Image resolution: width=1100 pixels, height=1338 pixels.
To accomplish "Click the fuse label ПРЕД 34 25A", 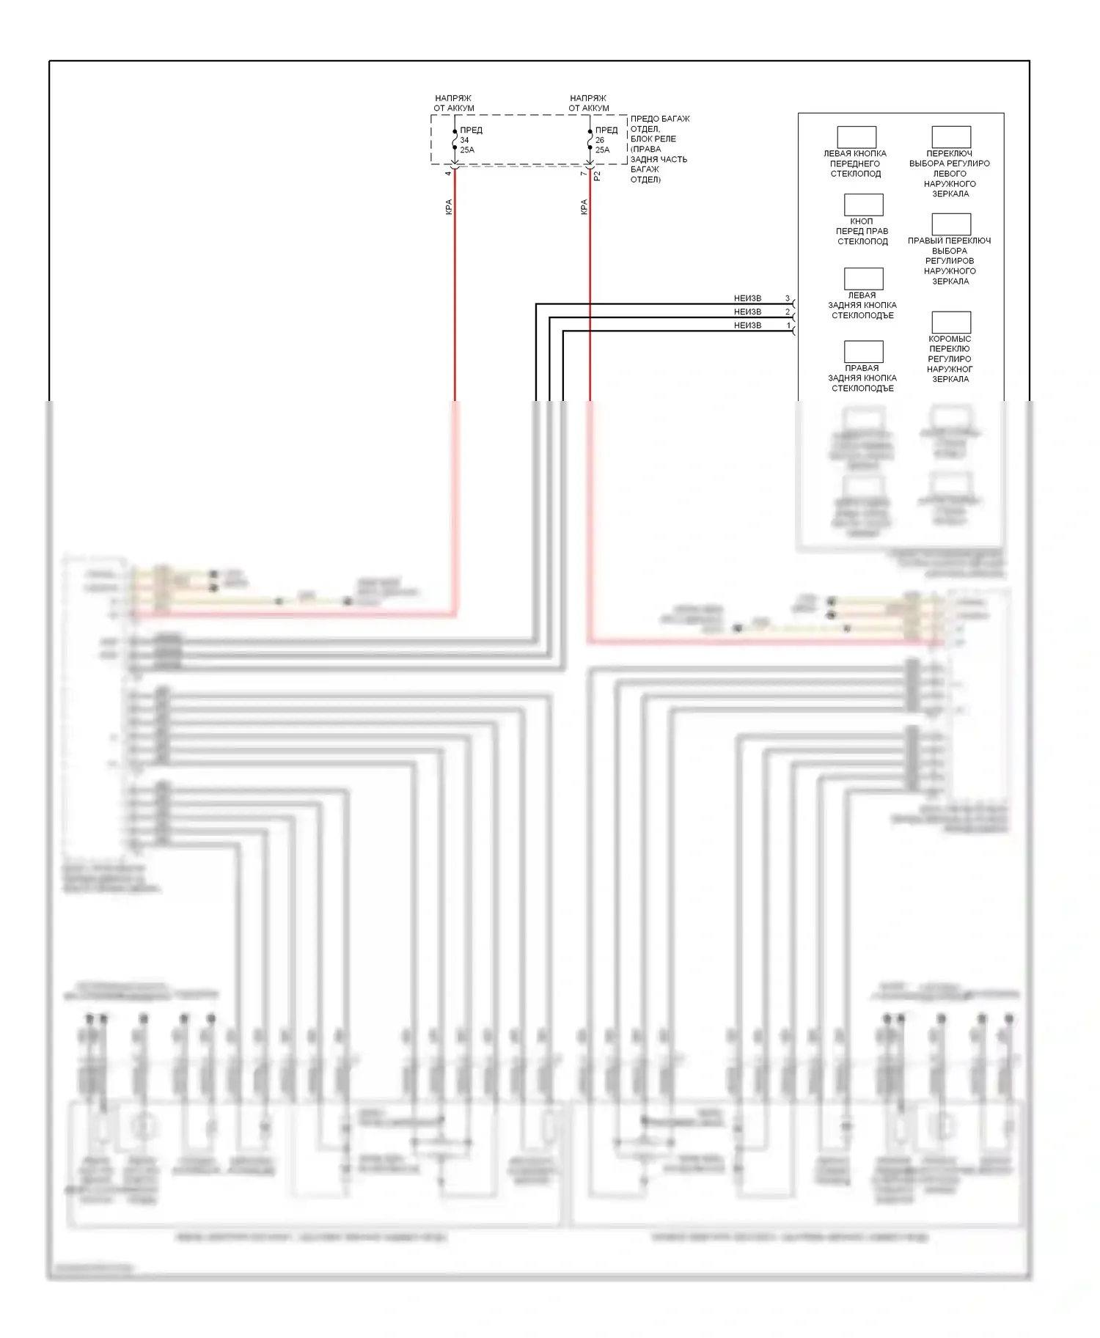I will [x=470, y=140].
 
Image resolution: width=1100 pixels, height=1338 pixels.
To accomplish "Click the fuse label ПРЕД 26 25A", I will [x=605, y=140].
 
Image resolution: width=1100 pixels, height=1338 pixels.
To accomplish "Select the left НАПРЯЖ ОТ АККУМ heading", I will [x=453, y=103].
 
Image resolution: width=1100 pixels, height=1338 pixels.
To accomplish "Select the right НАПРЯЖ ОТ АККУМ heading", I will [x=588, y=103].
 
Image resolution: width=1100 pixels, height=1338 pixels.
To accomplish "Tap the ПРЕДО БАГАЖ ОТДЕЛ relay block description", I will [x=659, y=149].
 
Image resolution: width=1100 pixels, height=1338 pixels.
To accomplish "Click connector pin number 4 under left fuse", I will [x=448, y=173].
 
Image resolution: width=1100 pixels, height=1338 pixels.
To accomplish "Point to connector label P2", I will [x=597, y=176].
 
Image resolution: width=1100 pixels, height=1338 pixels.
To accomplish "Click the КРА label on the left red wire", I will [x=449, y=207].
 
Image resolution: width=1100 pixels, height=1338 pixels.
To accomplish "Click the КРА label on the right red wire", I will [x=584, y=207].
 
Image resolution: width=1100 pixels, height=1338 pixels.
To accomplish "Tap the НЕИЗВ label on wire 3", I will [x=747, y=298].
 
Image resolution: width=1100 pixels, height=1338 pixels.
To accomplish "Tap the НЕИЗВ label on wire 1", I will [x=747, y=326].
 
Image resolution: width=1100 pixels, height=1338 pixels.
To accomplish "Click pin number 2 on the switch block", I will [x=788, y=312].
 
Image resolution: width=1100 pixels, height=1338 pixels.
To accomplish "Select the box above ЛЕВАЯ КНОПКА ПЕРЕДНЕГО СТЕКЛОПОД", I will [x=857, y=137].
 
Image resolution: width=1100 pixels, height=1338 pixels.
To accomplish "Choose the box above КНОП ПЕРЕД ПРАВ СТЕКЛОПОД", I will [x=863, y=205].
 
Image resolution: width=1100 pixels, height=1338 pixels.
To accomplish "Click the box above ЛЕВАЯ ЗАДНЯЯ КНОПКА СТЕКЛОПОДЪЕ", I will [x=863, y=279].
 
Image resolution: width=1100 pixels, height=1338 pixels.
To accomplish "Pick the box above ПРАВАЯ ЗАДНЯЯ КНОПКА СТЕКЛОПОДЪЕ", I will [x=863, y=351].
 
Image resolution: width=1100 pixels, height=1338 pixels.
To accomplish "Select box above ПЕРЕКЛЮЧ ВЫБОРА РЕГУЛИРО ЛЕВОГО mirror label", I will [x=951, y=137].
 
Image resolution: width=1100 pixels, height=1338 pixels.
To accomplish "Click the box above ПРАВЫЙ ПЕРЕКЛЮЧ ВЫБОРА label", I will [x=951, y=224].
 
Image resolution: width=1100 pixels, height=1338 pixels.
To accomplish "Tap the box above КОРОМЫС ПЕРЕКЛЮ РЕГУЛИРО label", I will [x=951, y=323].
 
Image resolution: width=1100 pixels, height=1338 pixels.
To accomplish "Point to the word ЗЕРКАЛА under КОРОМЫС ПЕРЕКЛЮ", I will [x=950, y=380].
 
